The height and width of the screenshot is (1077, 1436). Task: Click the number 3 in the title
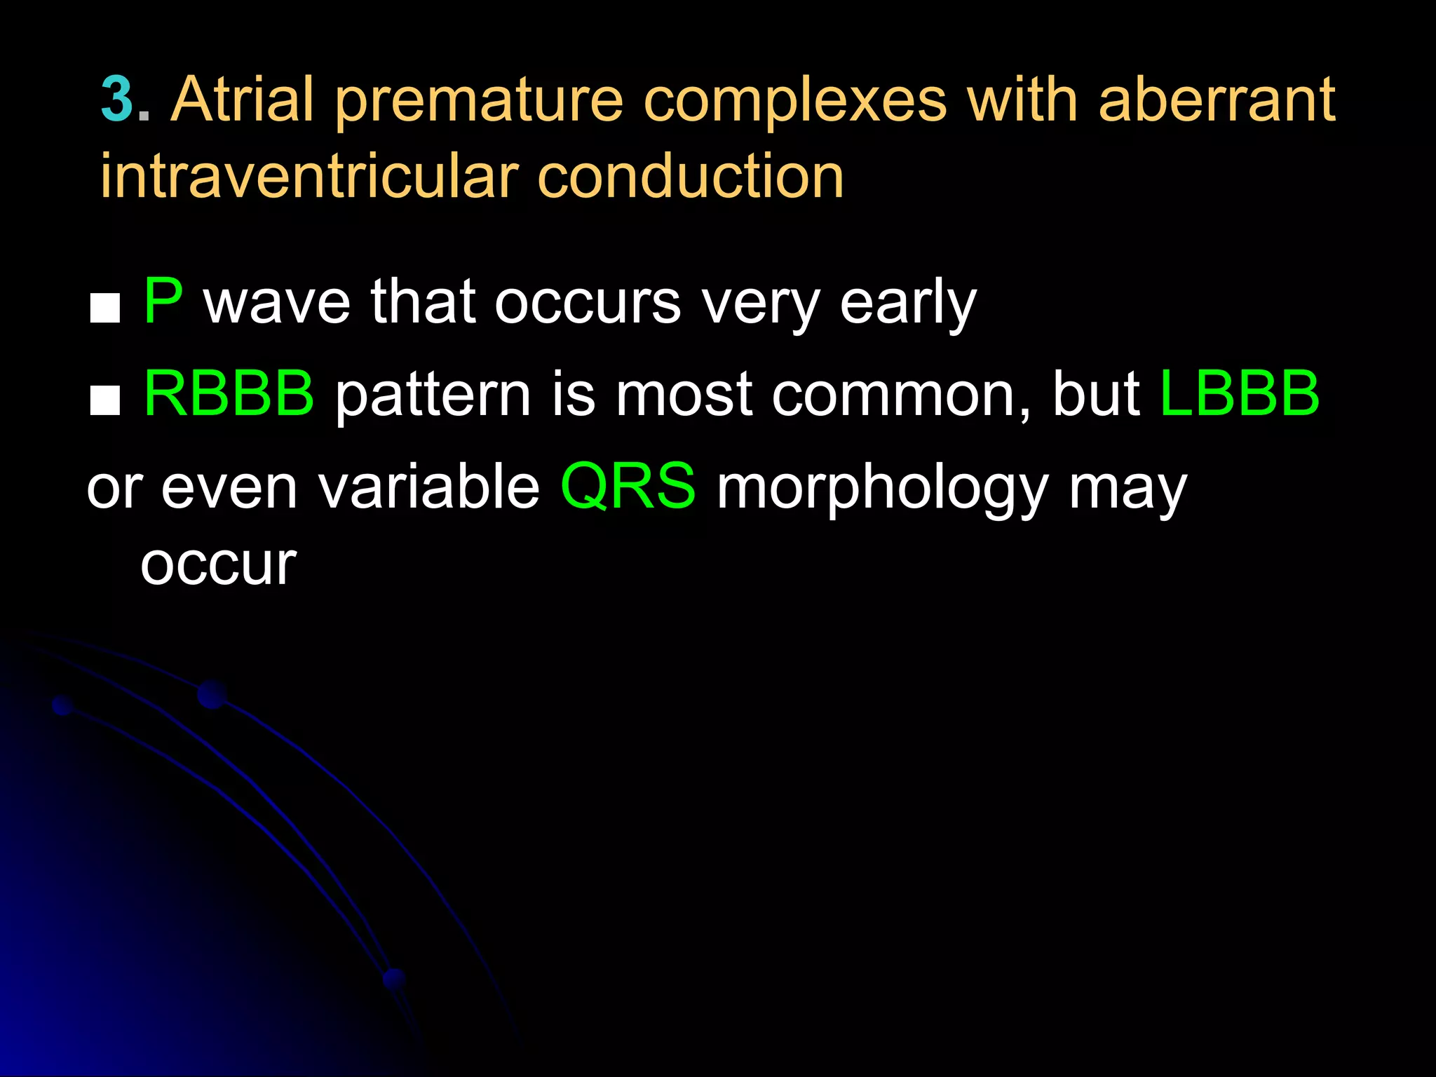116,100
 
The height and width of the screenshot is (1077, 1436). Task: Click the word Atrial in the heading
243,100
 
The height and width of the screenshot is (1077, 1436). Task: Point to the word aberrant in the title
1217,100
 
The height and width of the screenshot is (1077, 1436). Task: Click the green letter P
163,302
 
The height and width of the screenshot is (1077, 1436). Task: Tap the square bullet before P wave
105,309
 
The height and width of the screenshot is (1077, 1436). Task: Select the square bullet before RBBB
105,401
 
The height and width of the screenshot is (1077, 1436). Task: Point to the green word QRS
628,486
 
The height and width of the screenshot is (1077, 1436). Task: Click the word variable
429,486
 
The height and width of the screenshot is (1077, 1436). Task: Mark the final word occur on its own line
219,564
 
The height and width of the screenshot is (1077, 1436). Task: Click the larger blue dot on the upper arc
212,694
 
